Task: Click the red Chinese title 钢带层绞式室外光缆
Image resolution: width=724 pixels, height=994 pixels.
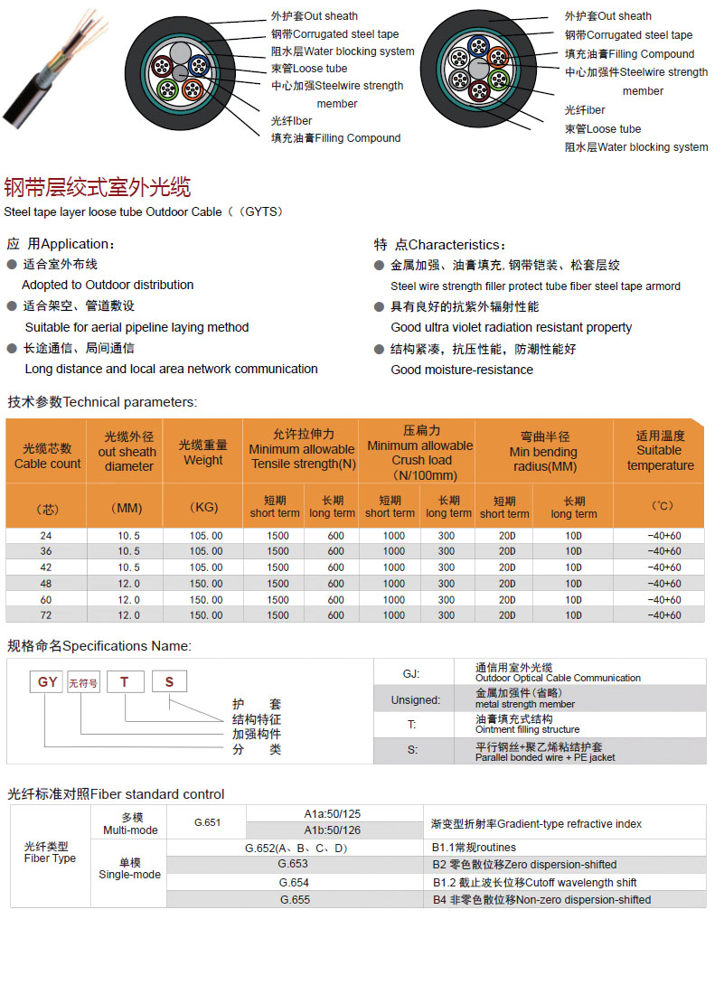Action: pos(98,188)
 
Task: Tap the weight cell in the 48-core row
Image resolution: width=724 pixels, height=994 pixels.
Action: pos(205,584)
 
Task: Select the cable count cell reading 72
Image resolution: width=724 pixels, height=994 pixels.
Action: pos(46,615)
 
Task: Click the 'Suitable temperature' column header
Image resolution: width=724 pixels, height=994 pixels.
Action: pos(660,450)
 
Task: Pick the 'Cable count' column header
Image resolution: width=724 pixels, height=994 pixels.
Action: pos(47,456)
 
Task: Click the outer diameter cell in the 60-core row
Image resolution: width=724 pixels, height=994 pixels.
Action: pos(128,600)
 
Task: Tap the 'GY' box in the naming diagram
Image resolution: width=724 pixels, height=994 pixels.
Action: pos(48,683)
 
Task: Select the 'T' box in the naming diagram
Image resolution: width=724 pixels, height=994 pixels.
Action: pos(126,683)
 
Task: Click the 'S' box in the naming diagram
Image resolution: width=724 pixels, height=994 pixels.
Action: pos(169,683)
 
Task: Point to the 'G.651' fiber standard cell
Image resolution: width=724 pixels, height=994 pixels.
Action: pos(207,822)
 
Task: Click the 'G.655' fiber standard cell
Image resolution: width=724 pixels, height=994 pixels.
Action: pos(295,900)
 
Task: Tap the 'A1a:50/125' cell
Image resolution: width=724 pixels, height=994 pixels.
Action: pos(333,814)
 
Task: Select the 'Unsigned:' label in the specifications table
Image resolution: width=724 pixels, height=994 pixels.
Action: pos(416,699)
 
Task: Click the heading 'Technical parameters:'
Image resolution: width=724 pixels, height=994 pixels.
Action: pos(101,402)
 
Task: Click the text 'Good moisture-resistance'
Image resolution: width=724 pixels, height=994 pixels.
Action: pos(462,370)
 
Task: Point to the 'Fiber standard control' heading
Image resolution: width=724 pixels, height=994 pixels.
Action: pos(116,794)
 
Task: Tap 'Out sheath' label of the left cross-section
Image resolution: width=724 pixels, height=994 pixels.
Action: pos(314,16)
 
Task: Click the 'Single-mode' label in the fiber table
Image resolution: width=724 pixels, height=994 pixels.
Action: pos(130,868)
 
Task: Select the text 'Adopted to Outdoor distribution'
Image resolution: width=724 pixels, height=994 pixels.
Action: pos(108,285)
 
